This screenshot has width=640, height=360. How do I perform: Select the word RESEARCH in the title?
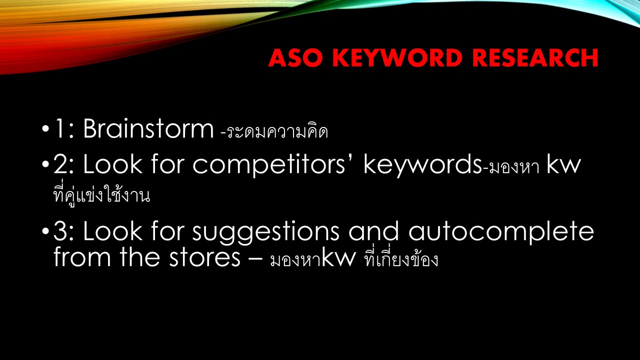[535, 58]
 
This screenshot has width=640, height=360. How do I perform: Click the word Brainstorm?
[148, 128]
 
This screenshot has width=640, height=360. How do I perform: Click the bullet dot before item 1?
[45, 128]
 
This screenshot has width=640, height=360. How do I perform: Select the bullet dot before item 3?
[45, 231]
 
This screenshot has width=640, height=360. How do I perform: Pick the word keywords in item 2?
[422, 165]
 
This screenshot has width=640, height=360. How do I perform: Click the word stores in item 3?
[204, 257]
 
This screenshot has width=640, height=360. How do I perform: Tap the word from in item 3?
[82, 256]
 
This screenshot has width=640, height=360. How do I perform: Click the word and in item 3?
[373, 230]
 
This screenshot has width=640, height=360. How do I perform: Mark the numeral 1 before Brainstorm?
[59, 128]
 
